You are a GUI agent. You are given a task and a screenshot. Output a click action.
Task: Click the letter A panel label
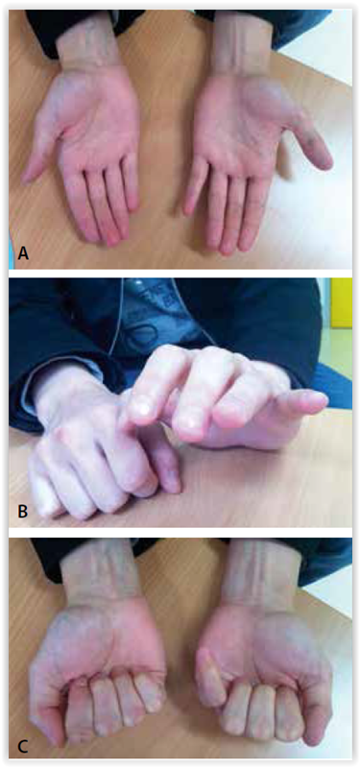tap(23, 253)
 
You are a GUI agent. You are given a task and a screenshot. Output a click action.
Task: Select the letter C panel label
tap(23, 748)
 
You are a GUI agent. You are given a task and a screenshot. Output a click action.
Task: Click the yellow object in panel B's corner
tap(341, 302)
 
